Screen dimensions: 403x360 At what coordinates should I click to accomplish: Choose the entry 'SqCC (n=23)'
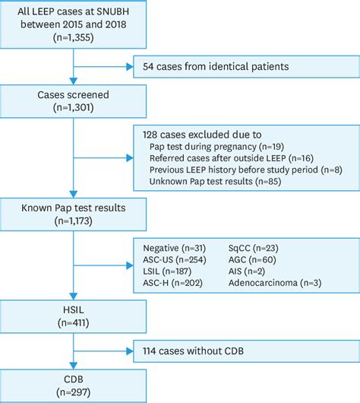point(255,248)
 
